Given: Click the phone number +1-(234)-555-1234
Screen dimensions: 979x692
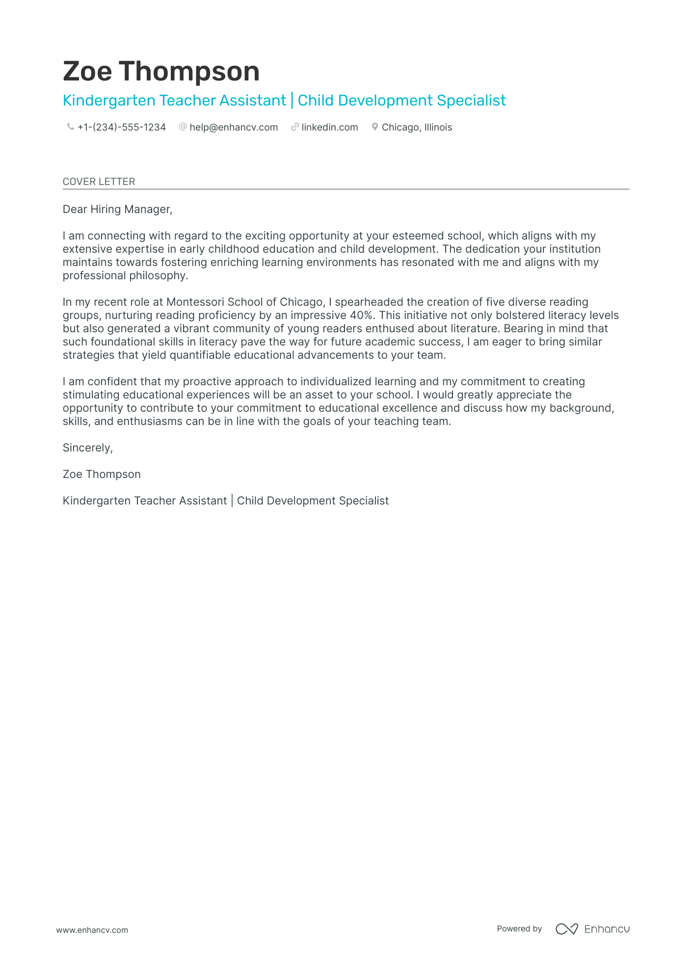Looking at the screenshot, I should tap(122, 128).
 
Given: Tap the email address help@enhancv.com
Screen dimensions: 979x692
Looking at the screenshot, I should tap(234, 128).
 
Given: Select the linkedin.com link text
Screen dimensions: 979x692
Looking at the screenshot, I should tap(329, 128).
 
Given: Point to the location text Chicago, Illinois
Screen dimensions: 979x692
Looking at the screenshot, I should tap(417, 128).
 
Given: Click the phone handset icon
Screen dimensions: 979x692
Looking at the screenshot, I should tap(70, 127).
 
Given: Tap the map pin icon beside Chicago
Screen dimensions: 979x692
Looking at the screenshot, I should tap(375, 127).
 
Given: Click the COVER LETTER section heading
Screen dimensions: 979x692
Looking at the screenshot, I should tap(99, 182).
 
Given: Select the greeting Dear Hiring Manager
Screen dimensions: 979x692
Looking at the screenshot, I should tap(117, 210).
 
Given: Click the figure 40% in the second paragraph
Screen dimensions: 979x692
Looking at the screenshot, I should tap(361, 316).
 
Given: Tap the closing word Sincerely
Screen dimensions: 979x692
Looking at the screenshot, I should tap(87, 448).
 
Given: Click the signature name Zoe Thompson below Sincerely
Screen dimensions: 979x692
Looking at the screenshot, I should tap(102, 475).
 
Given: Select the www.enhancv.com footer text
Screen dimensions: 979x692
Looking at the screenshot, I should tap(92, 930).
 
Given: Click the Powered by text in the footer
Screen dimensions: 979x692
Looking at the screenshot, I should tap(519, 929).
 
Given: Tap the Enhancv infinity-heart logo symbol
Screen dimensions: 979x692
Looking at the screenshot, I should tap(566, 929).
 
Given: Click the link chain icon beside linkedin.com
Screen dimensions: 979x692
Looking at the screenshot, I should tap(295, 127).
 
